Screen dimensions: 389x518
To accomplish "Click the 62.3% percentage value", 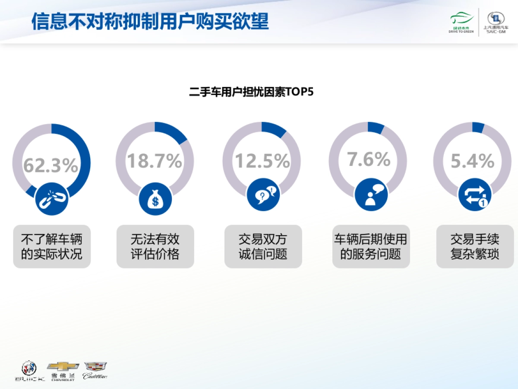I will coord(51,165).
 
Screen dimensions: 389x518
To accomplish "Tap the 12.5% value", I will coord(262,161).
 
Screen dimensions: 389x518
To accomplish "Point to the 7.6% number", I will coord(369,159).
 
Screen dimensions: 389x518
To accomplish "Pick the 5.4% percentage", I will coord(472,161).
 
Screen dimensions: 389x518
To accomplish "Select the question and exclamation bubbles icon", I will coord(263,194).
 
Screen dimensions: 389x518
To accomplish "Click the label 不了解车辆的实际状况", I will coord(52,246).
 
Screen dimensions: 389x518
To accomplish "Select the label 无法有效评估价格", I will coord(155,246).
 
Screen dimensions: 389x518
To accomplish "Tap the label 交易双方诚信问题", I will coord(263,246).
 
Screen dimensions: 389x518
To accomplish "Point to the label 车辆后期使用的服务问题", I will coord(371,246).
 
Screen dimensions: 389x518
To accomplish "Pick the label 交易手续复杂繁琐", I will coord(475,246).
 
